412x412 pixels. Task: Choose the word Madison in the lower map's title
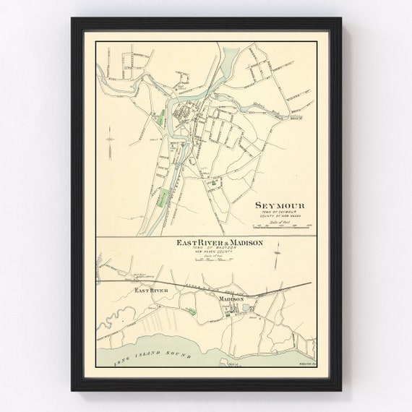coord(244,244)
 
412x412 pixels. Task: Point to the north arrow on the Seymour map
coord(109,138)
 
